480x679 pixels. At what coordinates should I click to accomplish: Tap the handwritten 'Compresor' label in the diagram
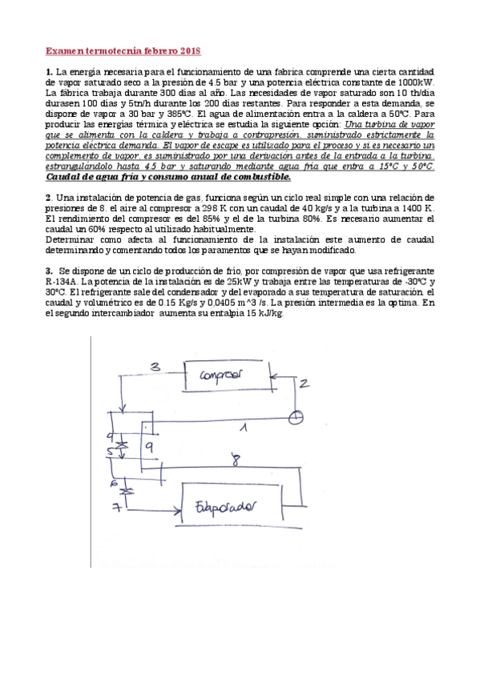(x=221, y=375)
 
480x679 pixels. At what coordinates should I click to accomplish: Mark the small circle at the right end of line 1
(x=297, y=416)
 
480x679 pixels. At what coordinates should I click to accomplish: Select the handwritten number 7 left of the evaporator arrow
(x=115, y=508)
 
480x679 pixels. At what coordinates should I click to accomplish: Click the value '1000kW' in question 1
(x=415, y=82)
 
